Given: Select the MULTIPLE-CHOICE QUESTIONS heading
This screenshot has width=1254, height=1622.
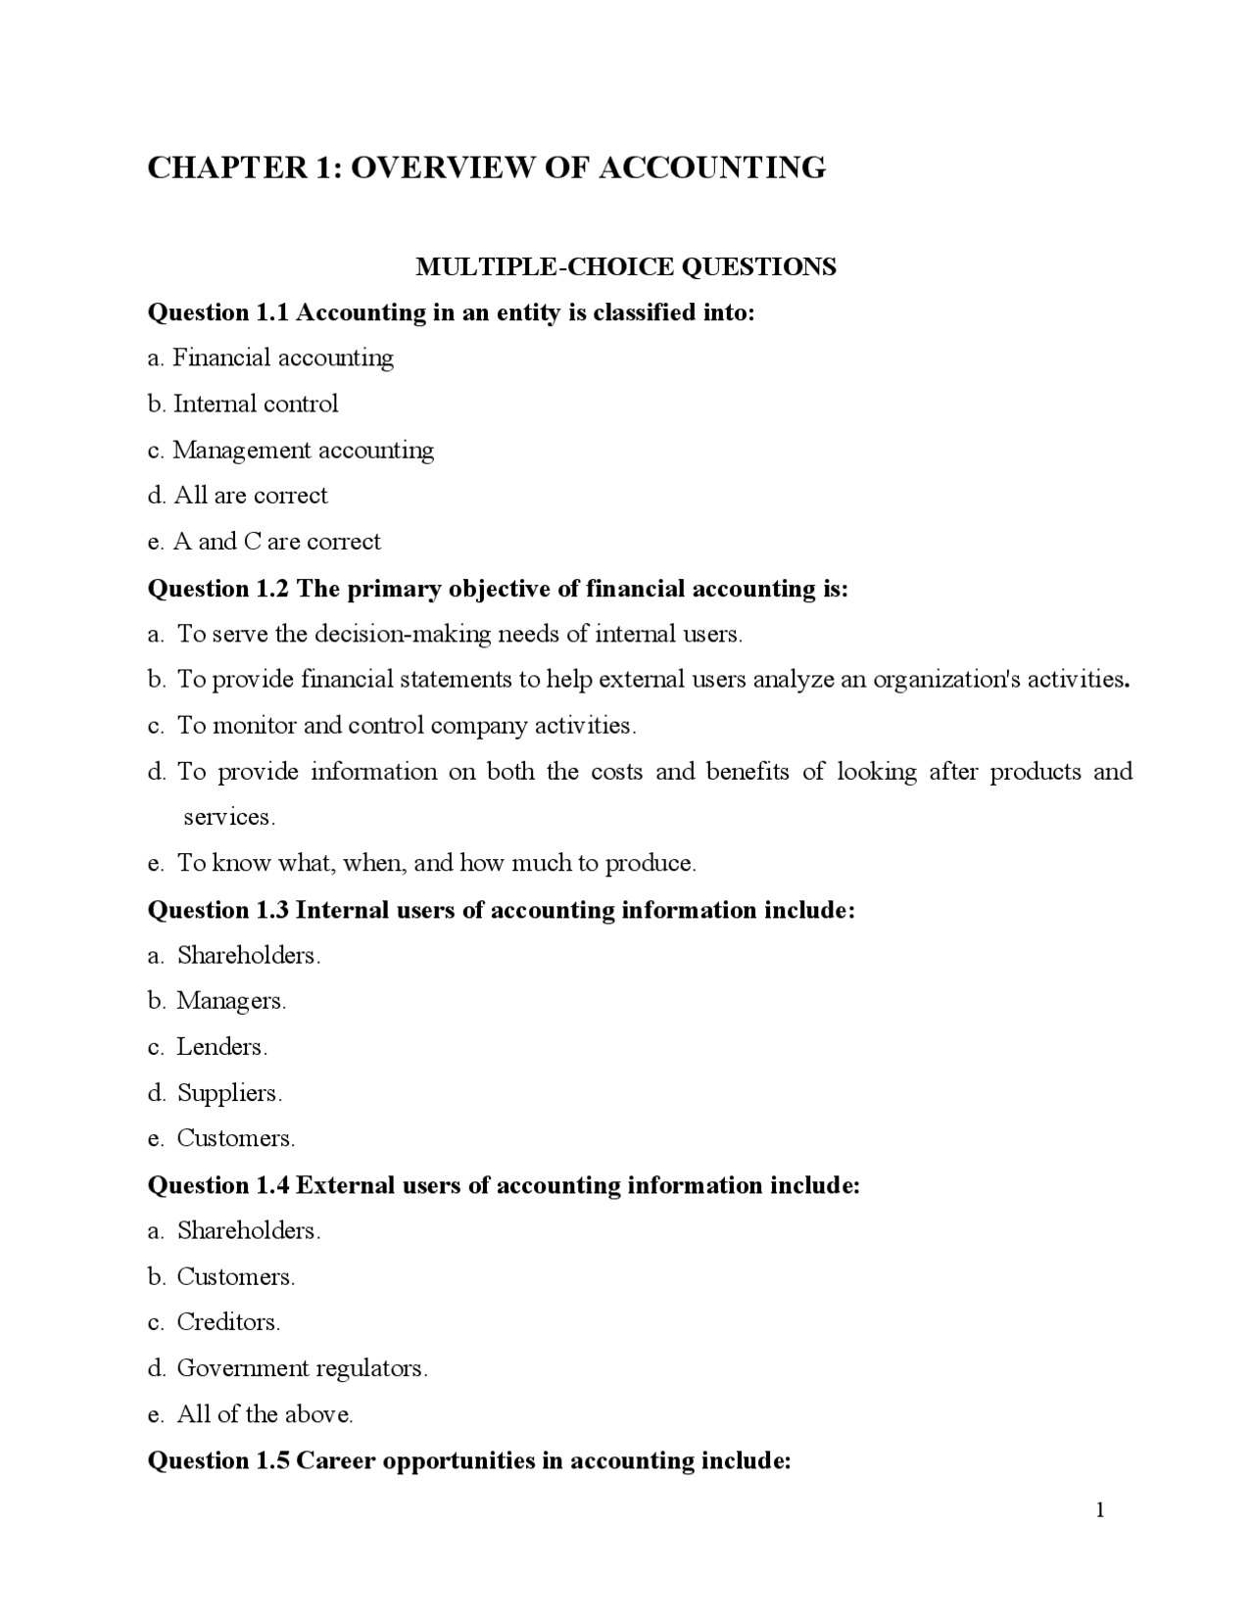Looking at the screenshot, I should tap(626, 266).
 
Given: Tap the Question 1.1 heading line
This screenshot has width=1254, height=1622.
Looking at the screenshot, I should tap(451, 312).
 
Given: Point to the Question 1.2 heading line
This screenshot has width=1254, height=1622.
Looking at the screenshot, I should tap(498, 588).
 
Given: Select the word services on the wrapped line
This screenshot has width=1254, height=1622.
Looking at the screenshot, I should tap(228, 817).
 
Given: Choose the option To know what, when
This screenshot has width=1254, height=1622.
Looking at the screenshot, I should tap(435, 863).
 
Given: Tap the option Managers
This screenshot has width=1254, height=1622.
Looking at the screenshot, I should tap(230, 1001).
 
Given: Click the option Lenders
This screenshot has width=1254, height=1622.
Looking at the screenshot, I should tap(220, 1047).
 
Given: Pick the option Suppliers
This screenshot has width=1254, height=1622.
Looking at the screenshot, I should tap(228, 1093).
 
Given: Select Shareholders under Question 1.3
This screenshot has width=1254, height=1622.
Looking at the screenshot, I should tap(248, 955).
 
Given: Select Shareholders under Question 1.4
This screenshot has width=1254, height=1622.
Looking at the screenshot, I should tap(248, 1230).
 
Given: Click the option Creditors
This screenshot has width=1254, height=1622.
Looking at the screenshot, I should tap(227, 1322).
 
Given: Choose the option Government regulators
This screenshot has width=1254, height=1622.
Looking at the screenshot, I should tap(301, 1368).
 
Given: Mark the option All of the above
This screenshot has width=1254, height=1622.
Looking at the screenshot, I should tap(264, 1414).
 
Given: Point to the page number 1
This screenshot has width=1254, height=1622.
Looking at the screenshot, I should tap(1099, 1510).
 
